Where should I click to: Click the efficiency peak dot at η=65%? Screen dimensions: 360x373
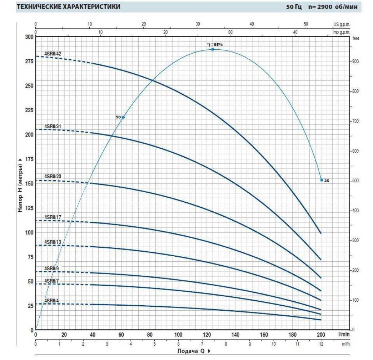pos(213,49)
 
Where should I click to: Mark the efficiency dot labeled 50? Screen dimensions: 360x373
pos(123,117)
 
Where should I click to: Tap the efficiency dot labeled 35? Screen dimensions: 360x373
pos(322,180)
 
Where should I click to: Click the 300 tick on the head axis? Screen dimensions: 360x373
pos(29,37)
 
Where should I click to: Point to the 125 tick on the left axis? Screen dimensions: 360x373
pos(29,208)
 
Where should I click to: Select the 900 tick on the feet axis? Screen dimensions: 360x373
pos(356,62)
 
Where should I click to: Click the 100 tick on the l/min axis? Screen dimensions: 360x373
pos(178,335)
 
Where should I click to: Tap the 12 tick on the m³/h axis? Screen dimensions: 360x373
pos(321,344)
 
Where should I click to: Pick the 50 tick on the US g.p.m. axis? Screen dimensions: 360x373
pos(306,24)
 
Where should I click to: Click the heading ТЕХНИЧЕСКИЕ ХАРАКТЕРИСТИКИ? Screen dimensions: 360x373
pos(68,7)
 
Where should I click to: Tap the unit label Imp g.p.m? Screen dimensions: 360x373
pos(341,32)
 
